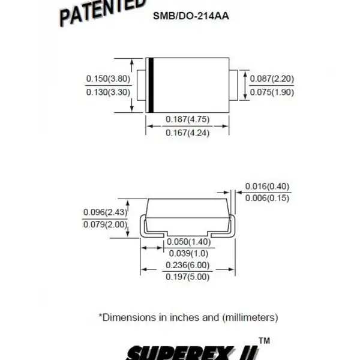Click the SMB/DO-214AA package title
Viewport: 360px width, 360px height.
[x=191, y=16]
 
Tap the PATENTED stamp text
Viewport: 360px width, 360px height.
[x=103, y=12]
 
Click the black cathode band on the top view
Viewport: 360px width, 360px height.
[x=151, y=85]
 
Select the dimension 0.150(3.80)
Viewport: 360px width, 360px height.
[x=108, y=79]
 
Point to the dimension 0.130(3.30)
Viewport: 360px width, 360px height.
[x=108, y=92]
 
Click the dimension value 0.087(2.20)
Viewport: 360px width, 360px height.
[x=272, y=79]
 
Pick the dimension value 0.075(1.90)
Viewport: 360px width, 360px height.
[x=272, y=92]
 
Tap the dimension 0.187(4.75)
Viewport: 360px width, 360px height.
[x=188, y=119]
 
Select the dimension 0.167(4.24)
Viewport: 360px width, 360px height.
[x=188, y=133]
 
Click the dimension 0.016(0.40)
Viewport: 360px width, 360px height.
[x=267, y=186]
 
